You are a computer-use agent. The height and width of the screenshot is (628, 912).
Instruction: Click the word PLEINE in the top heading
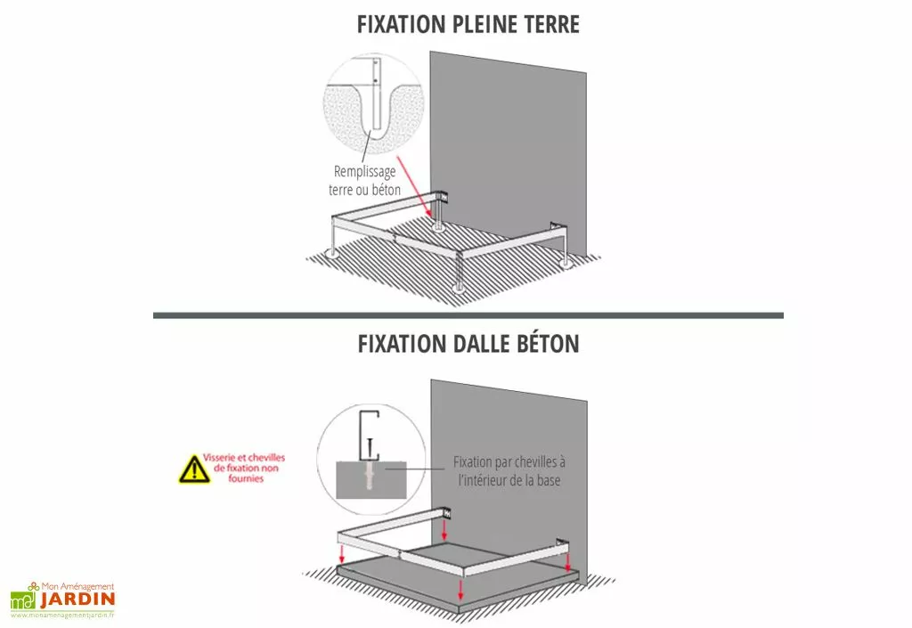coord(484,24)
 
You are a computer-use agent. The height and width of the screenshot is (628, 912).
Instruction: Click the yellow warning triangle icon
coord(194,469)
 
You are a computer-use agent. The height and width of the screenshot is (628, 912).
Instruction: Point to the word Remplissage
coord(364,172)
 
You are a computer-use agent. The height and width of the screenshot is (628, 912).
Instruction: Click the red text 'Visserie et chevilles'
coord(244,458)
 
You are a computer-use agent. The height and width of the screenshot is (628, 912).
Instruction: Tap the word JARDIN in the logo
coord(78,600)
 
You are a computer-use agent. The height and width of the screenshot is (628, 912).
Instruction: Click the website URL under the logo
coord(62,616)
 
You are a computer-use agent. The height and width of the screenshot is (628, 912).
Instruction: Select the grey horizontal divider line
coord(468,315)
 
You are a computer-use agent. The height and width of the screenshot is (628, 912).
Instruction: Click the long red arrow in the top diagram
coord(415,187)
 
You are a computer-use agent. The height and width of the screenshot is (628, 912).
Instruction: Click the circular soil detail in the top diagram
coord(373,103)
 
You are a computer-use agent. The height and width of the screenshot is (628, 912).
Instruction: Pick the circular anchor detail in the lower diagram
coord(371,460)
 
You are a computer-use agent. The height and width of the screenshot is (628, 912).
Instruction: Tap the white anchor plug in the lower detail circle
coord(368,474)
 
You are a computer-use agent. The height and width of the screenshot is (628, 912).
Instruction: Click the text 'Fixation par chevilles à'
coord(509,462)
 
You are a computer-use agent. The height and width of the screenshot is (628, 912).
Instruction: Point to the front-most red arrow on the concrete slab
coord(460,589)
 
